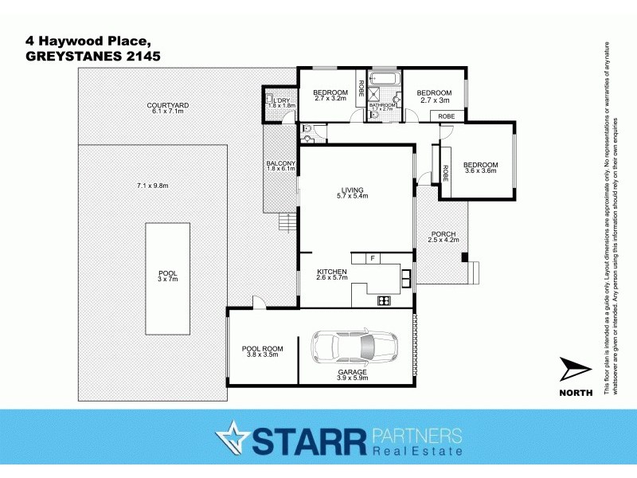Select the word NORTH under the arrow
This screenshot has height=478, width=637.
[x=576, y=392]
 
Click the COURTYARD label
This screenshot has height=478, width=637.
[x=167, y=105]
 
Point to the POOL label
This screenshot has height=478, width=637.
[x=167, y=272]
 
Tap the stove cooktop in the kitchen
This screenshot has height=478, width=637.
[x=382, y=300]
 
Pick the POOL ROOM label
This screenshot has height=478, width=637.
[x=262, y=349]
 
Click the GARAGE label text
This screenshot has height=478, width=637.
[x=352, y=372]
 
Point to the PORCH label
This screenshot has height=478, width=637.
[x=443, y=233]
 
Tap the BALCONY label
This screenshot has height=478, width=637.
[x=280, y=163]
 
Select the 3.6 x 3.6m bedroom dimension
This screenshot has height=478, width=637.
[x=480, y=170]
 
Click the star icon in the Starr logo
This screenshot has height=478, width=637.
[x=231, y=437]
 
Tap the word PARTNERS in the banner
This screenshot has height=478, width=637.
[x=416, y=435]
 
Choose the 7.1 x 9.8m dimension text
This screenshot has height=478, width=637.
[x=153, y=186]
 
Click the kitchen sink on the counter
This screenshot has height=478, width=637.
[x=406, y=278]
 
